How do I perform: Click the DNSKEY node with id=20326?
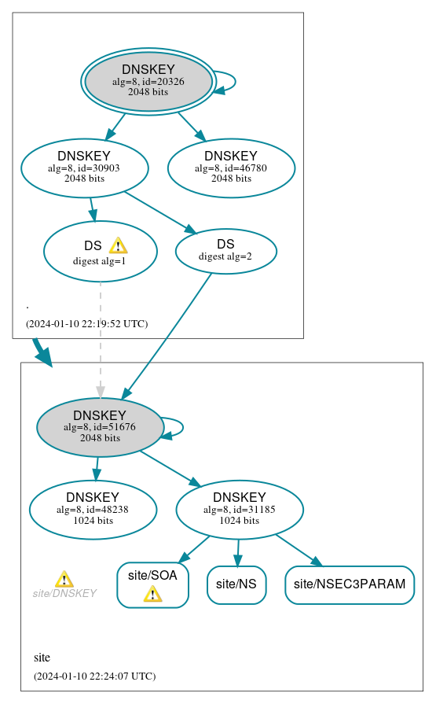[148, 81]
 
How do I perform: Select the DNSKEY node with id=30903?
[85, 168]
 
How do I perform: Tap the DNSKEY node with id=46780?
[231, 168]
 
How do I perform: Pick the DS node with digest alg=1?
[100, 252]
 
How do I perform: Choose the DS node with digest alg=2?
[225, 251]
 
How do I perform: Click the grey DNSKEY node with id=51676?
[100, 427]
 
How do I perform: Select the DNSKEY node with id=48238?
[93, 510]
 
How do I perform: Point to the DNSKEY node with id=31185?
[240, 510]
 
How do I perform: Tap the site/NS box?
[236, 584]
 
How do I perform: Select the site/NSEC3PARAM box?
[350, 584]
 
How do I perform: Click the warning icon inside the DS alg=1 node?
[118, 245]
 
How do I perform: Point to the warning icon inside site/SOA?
[152, 594]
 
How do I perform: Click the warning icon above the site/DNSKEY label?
[64, 579]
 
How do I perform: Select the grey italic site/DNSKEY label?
[64, 593]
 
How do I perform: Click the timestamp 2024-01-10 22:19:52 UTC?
[86, 323]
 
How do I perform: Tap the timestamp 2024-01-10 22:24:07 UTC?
[94, 676]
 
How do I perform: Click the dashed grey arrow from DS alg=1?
[100, 338]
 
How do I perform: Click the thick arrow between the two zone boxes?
[42, 352]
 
